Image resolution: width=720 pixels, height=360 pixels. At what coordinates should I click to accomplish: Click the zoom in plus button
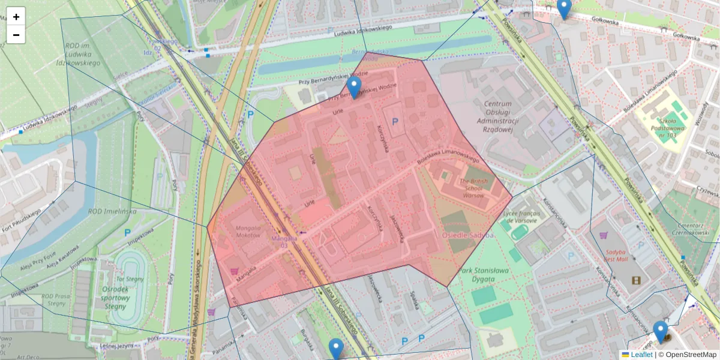click(x=16, y=17)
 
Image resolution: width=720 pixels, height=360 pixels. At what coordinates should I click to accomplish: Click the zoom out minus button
click(x=16, y=35)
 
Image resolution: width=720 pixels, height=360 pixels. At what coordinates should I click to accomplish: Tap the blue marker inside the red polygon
click(x=355, y=88)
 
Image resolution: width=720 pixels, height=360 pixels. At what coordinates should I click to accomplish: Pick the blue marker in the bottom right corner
click(x=661, y=332)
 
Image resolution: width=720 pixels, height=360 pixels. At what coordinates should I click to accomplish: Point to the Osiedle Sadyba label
click(x=468, y=235)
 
